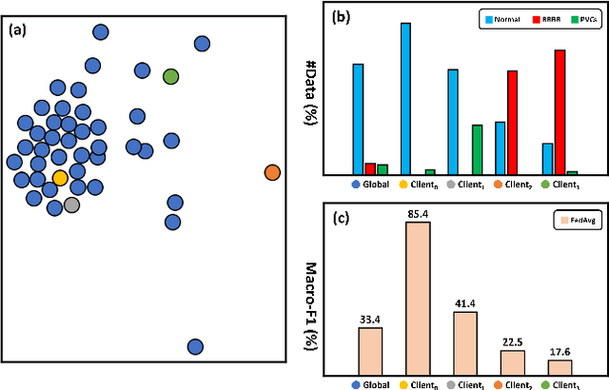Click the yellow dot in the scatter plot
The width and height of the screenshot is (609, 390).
coord(60,177)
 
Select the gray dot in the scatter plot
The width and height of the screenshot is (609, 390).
coord(71,204)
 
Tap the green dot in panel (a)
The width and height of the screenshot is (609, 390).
coord(170,76)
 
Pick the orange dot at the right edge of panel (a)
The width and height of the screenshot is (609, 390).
coord(272,172)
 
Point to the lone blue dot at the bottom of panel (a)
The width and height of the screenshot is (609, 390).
coord(195,346)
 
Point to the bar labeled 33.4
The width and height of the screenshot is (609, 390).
coord(370,351)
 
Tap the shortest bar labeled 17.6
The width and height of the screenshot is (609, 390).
coord(560,367)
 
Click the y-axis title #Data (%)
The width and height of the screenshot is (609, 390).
coord(310,91)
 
